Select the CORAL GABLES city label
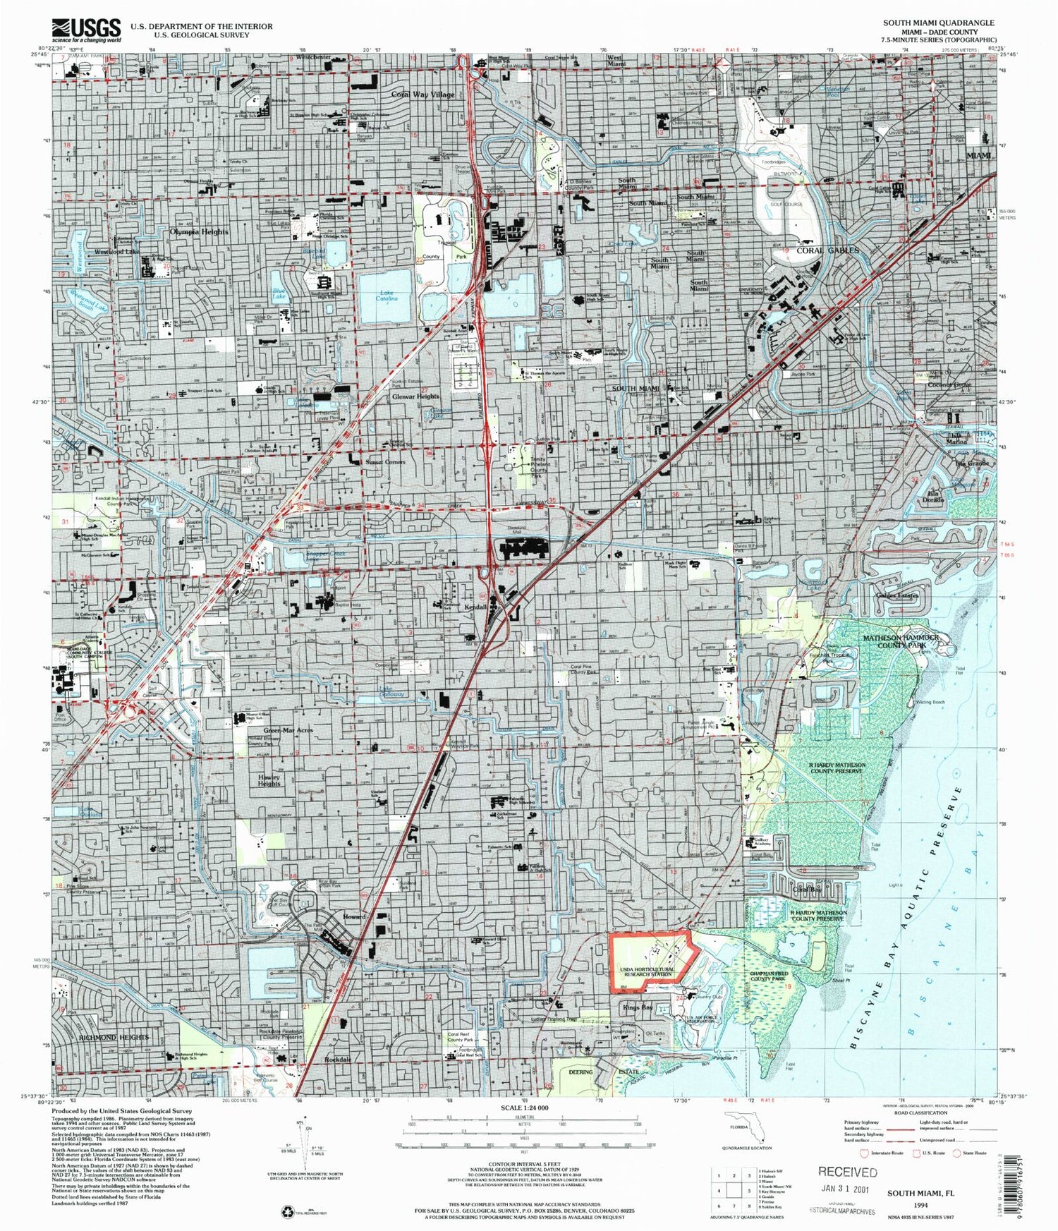[x=827, y=250]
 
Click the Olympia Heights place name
[x=199, y=231]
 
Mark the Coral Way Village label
[x=423, y=94]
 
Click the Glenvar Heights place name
[x=415, y=397]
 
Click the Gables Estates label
[x=896, y=595]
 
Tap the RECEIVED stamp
[x=847, y=1172]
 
